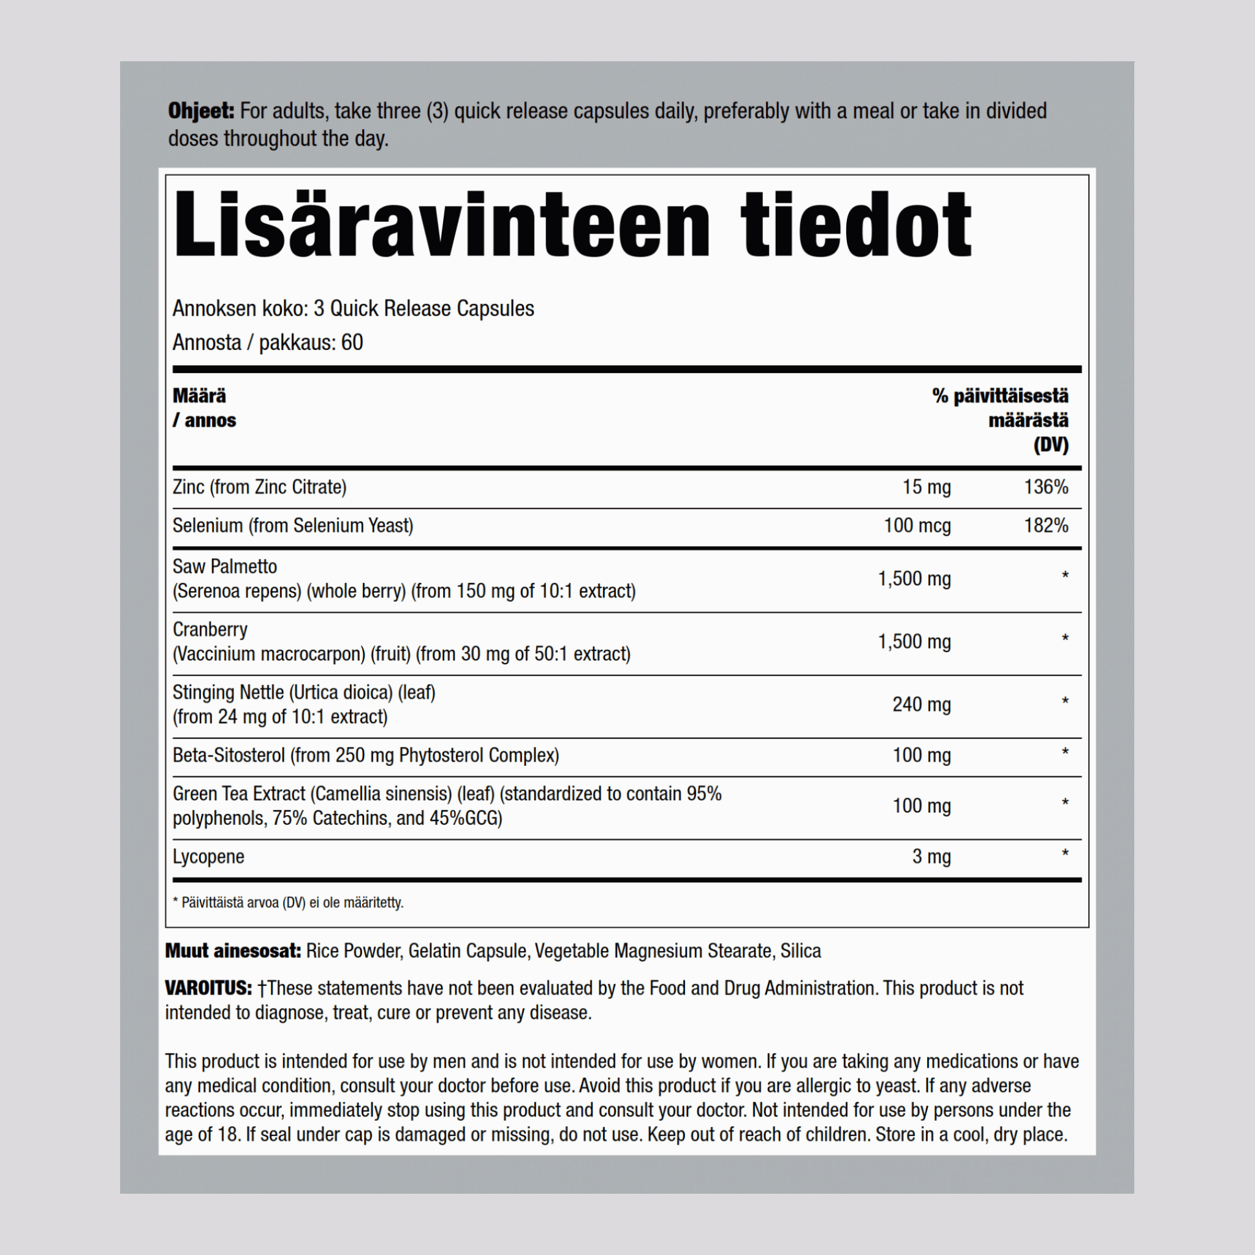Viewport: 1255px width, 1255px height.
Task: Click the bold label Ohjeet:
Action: (201, 111)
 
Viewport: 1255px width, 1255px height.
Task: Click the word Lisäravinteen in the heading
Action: (442, 225)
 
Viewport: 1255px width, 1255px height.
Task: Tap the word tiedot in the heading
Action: (855, 225)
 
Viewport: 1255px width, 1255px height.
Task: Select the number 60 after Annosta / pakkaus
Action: (352, 343)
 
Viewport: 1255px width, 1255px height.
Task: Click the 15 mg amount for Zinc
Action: (927, 487)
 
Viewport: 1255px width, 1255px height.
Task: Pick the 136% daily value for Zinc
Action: (1046, 487)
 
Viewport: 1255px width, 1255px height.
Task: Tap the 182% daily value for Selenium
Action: (1046, 525)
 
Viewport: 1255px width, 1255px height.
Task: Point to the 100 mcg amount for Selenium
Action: (917, 525)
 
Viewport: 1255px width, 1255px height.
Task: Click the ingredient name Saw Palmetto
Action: (225, 566)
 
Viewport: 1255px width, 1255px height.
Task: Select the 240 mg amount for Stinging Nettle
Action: (921, 704)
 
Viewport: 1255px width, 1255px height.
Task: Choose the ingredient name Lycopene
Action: (208, 856)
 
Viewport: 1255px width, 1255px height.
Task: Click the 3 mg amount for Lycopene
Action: (931, 856)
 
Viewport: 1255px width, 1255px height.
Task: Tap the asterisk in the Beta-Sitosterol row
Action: (1065, 753)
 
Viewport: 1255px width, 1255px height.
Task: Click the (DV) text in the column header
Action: (1051, 445)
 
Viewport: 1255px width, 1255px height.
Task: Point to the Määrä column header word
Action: (199, 396)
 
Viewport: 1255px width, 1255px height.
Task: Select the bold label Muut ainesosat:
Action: (232, 951)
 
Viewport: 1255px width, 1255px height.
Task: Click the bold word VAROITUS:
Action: (208, 988)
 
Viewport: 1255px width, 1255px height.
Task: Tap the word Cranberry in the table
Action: (210, 629)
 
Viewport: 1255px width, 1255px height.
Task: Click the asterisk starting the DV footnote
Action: (175, 902)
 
